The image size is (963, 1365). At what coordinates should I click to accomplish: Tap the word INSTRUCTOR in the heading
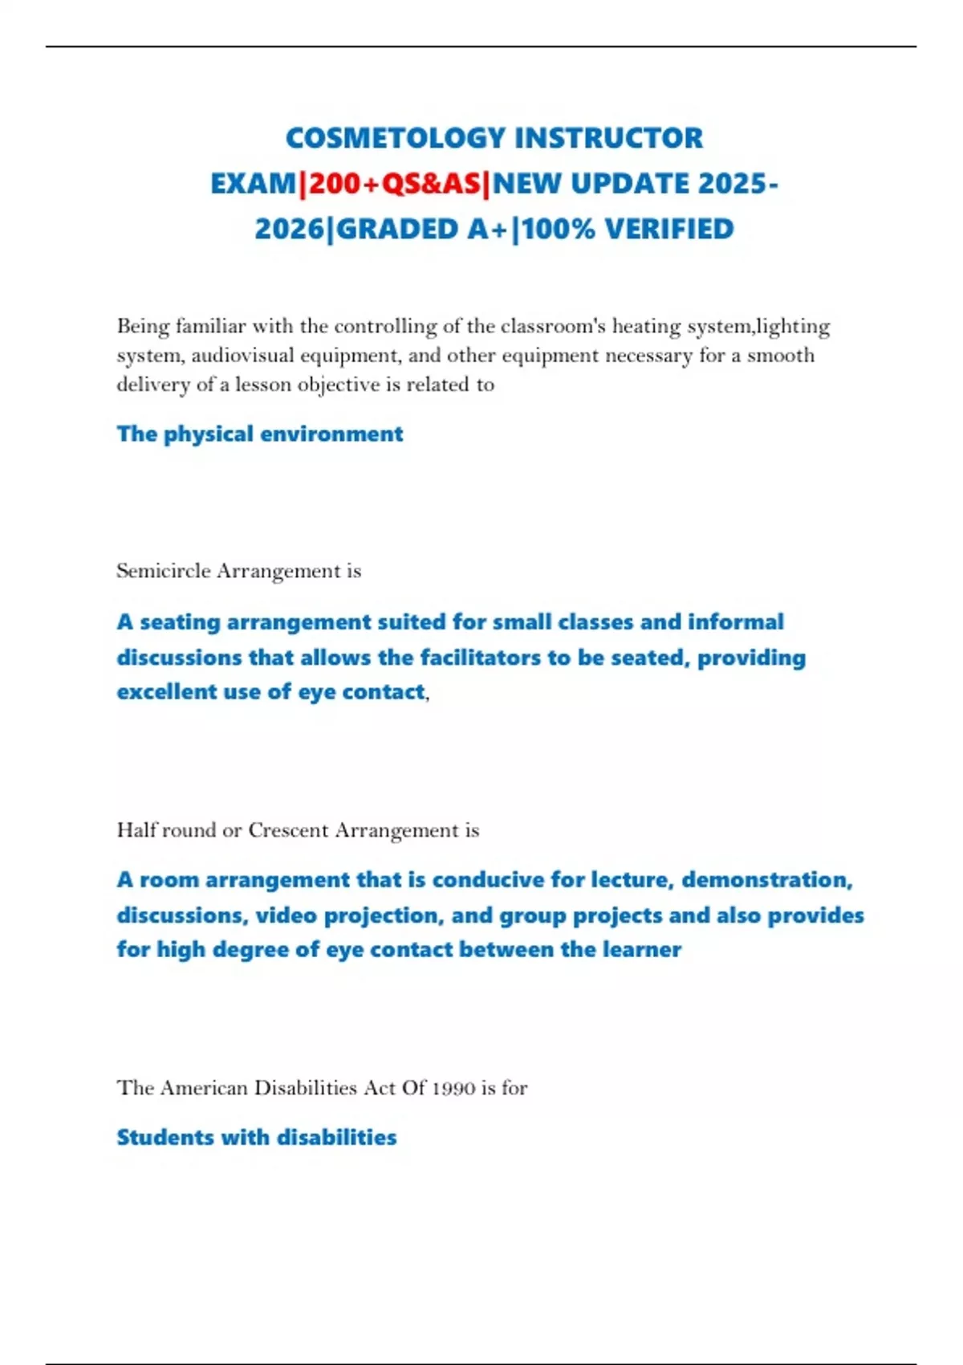point(608,138)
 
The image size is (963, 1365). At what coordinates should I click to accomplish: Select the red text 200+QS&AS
point(394,184)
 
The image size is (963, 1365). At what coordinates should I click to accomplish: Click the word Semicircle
point(164,571)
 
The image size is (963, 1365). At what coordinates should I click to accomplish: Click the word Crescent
point(288,830)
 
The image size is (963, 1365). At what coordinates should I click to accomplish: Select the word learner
point(642,950)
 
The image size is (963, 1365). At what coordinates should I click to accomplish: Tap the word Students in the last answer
point(165,1138)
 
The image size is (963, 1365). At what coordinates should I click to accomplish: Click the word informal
point(736,622)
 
